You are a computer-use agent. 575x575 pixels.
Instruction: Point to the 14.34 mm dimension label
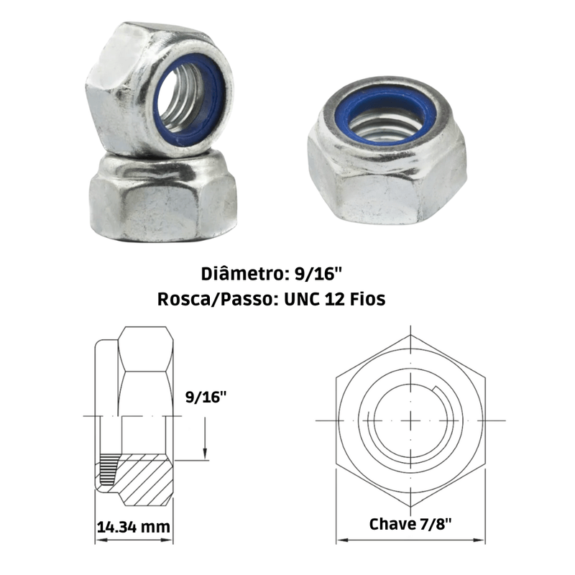[x=134, y=527]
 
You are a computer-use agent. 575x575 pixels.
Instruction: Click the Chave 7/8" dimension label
[x=410, y=524]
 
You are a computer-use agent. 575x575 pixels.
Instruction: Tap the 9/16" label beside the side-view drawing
[x=206, y=397]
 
